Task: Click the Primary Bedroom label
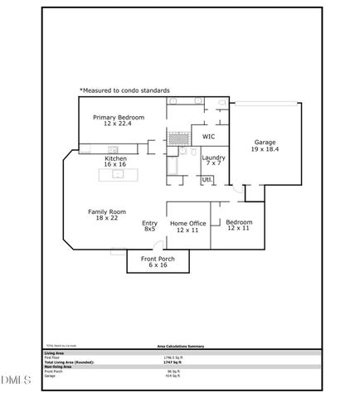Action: (x=119, y=118)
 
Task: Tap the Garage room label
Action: (x=265, y=143)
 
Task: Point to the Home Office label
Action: (x=187, y=223)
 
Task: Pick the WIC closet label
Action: (x=208, y=136)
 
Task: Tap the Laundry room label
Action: (x=213, y=158)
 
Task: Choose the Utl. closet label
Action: (x=207, y=179)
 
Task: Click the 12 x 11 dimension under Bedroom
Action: (x=239, y=228)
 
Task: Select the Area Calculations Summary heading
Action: (x=181, y=347)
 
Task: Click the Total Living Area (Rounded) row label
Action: (x=69, y=362)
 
